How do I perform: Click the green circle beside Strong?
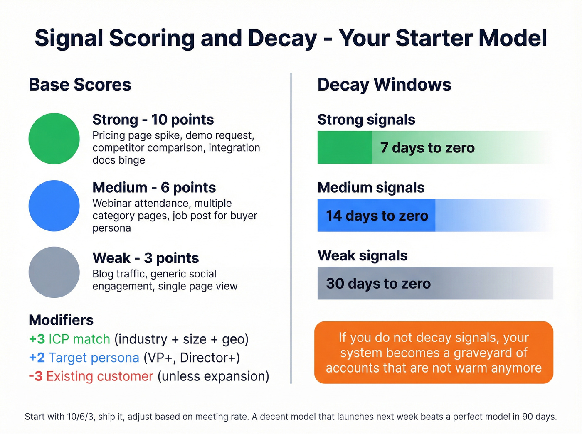(x=54, y=139)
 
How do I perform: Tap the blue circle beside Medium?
(x=54, y=206)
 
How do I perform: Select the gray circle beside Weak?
(x=54, y=272)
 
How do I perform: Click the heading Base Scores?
(x=80, y=85)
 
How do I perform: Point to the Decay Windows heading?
(x=384, y=85)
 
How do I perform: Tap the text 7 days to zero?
(x=427, y=148)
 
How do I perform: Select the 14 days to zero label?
(x=377, y=216)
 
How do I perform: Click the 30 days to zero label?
(x=378, y=284)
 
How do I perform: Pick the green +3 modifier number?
(x=37, y=339)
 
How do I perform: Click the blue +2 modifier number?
(x=37, y=358)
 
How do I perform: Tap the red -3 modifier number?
(x=36, y=376)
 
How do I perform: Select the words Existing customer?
(x=100, y=376)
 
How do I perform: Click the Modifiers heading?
(x=61, y=320)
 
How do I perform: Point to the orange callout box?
(x=434, y=352)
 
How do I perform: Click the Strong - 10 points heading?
(x=153, y=120)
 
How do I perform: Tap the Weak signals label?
(x=363, y=255)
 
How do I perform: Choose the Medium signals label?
(x=371, y=188)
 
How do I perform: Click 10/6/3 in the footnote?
(x=81, y=417)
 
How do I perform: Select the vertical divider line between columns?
(x=291, y=228)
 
